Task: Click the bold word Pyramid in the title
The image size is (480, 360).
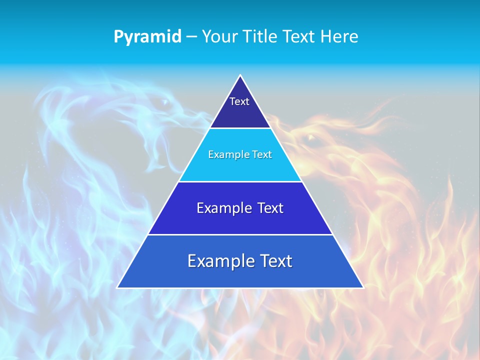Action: click(147, 36)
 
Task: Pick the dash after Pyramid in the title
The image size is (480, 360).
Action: click(191, 37)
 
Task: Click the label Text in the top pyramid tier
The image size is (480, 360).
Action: click(239, 101)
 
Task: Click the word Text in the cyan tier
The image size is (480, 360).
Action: click(262, 154)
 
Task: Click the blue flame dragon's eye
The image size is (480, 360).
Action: click(164, 102)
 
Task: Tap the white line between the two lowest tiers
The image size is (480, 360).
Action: click(240, 234)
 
